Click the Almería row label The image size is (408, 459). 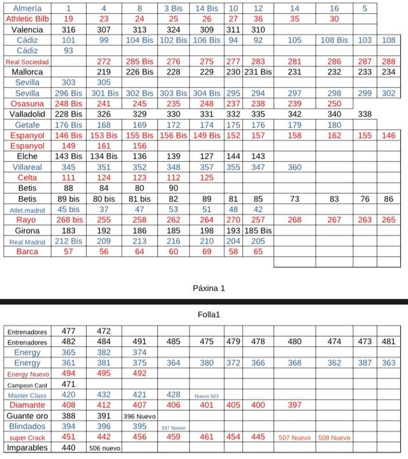27,8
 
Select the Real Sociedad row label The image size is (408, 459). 27,62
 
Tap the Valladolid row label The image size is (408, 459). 27,115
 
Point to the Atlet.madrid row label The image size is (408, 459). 27,209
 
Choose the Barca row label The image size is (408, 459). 27,251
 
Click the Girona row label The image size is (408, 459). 27,230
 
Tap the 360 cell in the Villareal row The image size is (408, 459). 294,167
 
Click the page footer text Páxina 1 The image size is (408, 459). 209,288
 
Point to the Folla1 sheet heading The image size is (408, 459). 209,314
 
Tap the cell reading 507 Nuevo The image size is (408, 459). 294,438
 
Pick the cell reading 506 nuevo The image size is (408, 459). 104,448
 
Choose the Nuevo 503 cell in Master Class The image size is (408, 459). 207,396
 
